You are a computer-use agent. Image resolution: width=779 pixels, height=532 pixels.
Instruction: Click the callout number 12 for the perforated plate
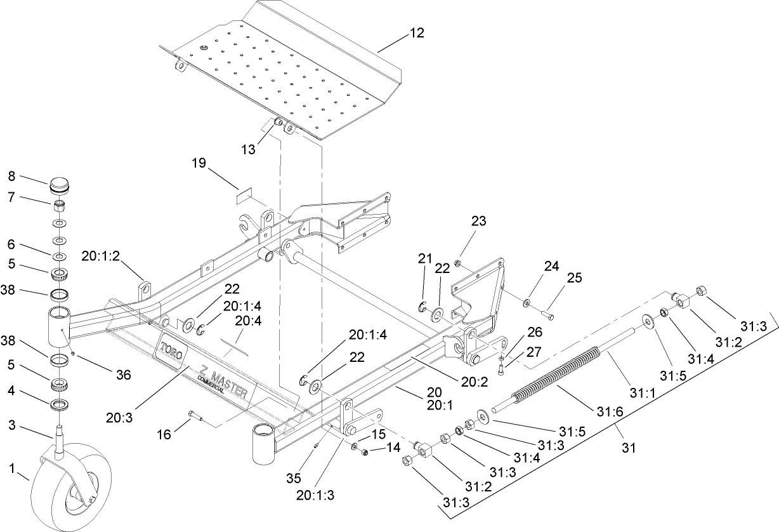point(417,32)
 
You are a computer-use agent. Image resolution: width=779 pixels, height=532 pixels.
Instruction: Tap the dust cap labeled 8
point(59,187)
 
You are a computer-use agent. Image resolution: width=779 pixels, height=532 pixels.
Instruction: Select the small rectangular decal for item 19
point(245,196)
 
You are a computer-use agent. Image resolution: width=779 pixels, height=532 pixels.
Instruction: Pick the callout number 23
point(478,222)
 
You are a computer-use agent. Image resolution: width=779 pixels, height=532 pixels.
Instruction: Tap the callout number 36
point(124,375)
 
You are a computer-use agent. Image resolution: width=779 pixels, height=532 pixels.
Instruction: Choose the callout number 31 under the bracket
point(628,448)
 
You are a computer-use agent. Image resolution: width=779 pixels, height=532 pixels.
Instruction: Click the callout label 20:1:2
point(100,256)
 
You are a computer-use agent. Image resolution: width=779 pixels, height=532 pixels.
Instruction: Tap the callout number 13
point(248,149)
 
